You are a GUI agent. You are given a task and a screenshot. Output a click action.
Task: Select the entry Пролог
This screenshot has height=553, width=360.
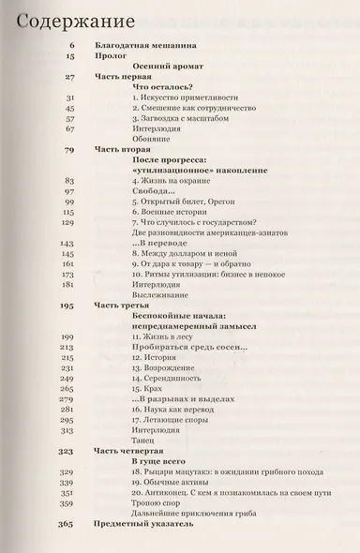(x=110, y=56)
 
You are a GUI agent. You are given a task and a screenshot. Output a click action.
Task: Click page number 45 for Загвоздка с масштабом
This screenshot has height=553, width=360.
(x=67, y=118)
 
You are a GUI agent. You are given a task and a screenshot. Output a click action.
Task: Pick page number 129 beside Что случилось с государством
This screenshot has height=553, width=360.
(x=67, y=223)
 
